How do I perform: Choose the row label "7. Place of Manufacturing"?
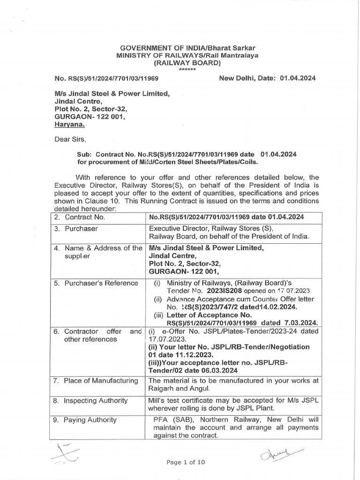(97, 380)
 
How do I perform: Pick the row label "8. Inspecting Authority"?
(90, 400)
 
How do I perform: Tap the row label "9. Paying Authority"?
(84, 420)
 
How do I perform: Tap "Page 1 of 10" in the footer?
(186, 462)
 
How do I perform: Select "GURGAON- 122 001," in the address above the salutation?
(90, 116)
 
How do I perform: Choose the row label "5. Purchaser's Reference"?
(95, 283)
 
